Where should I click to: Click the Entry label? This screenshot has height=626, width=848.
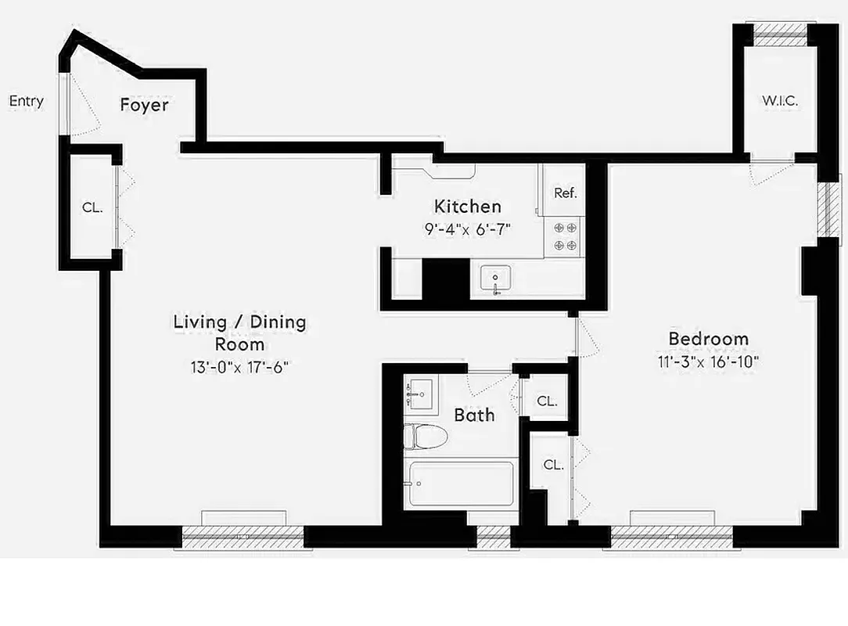(x=26, y=101)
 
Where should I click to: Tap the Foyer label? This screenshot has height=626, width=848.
(x=144, y=105)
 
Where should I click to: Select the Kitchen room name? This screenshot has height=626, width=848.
(x=467, y=207)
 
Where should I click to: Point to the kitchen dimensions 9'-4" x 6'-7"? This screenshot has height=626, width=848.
(x=467, y=231)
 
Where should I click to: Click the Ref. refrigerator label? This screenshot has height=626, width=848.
(x=565, y=193)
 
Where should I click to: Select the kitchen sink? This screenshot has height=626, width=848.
(x=495, y=279)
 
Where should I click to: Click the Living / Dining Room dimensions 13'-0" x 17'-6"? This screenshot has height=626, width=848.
(x=239, y=367)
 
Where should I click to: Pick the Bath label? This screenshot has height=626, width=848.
(x=474, y=415)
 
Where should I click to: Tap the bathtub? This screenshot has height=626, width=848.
(x=461, y=484)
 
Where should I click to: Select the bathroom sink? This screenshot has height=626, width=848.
(x=420, y=391)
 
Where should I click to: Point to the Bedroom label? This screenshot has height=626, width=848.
(x=708, y=339)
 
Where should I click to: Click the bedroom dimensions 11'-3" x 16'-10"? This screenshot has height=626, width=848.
(x=708, y=362)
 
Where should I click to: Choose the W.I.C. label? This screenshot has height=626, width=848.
(x=780, y=101)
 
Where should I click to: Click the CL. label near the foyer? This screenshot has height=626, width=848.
(x=92, y=208)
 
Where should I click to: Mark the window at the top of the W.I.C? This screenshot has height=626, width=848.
(x=780, y=31)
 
